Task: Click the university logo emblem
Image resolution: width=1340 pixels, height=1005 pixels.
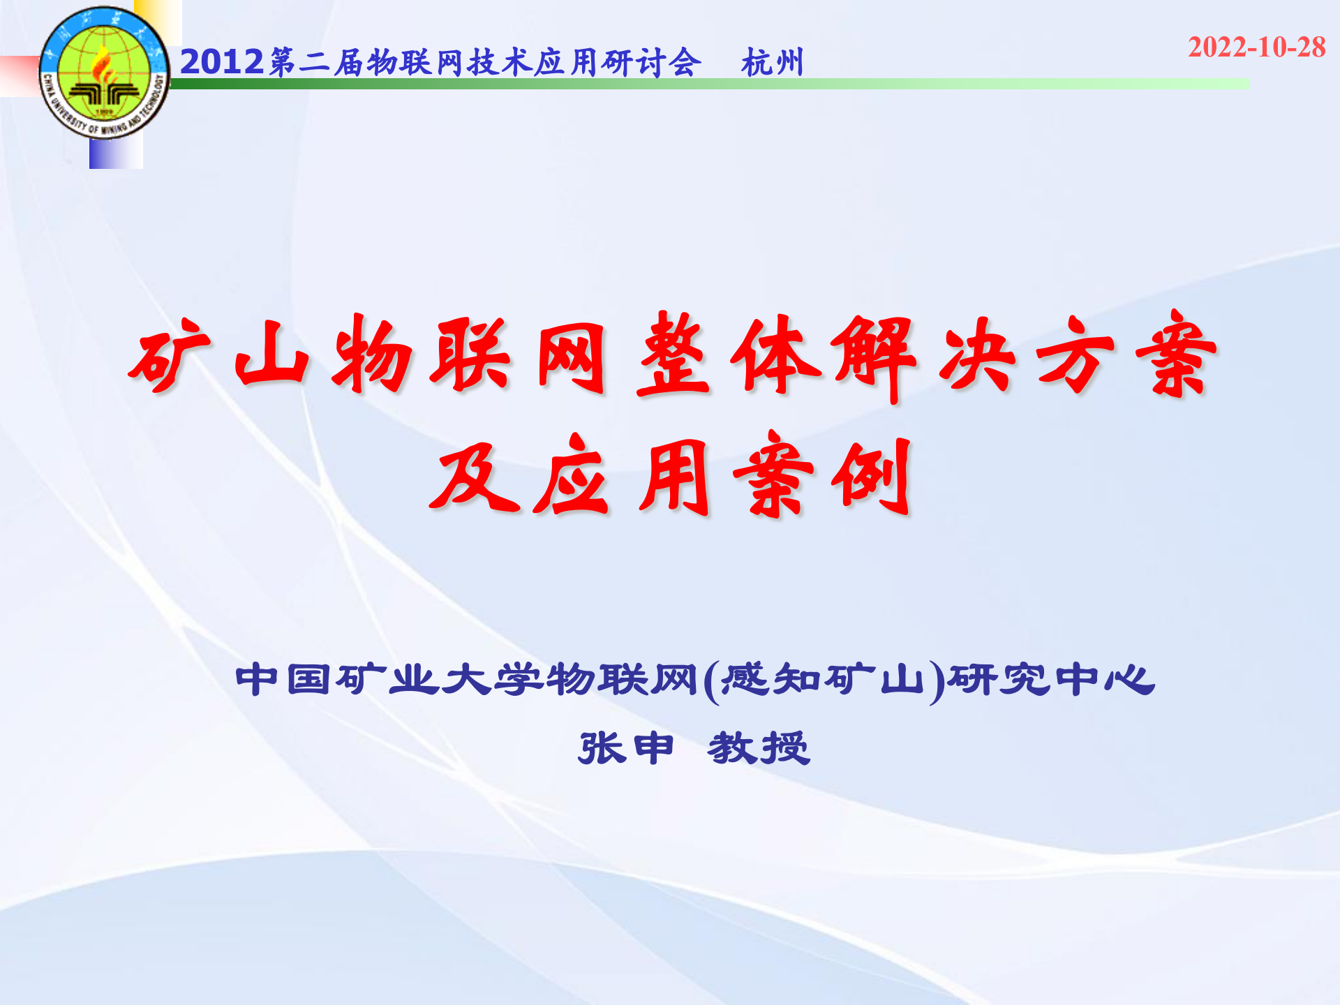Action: tap(104, 73)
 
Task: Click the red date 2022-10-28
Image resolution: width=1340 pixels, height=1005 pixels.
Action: tap(1256, 47)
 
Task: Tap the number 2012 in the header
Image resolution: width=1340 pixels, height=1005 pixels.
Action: tap(222, 62)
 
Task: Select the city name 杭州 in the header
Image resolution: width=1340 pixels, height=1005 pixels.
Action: tap(773, 63)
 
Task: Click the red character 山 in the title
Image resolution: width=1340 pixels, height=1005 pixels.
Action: tap(272, 356)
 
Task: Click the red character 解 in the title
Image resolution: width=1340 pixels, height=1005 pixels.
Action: tap(876, 356)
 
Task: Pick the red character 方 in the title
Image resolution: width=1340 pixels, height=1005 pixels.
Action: tap(1075, 356)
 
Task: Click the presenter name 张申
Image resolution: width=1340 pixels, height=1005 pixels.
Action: tap(626, 748)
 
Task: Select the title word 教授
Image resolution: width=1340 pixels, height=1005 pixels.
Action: tap(759, 748)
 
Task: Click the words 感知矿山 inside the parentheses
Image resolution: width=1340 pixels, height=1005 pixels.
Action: tap(821, 679)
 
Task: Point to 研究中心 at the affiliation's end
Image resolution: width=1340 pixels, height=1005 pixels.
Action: tap(1050, 679)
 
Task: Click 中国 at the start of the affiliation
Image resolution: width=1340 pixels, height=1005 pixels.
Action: tap(283, 679)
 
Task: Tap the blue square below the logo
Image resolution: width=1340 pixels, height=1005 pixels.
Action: tap(116, 154)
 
